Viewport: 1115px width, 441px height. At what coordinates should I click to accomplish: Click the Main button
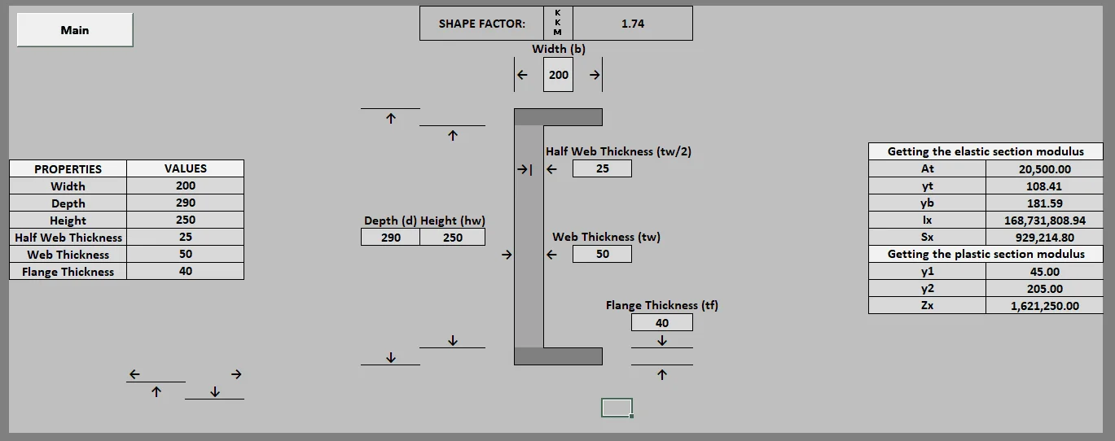click(75, 30)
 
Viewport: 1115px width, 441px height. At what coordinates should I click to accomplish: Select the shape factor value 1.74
click(633, 24)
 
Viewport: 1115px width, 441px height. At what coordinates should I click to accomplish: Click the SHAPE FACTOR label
click(481, 24)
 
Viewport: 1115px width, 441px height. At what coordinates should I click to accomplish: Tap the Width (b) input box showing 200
click(558, 75)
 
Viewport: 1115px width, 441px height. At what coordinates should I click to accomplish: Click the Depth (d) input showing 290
click(390, 237)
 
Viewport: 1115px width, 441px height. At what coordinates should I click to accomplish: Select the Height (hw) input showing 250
click(453, 237)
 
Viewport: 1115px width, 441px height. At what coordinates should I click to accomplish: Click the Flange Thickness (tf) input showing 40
click(661, 323)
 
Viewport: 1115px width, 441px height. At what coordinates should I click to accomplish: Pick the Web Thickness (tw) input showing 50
click(603, 254)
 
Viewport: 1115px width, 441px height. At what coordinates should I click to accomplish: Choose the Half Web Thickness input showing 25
click(603, 168)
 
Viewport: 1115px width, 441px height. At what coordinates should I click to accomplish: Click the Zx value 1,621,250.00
click(1044, 305)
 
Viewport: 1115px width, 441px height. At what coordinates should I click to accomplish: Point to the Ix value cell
click(1044, 220)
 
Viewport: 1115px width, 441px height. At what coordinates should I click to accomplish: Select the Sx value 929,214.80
click(1044, 237)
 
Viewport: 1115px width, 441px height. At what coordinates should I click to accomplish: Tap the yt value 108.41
click(1044, 186)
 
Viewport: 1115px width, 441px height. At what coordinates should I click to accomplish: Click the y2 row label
click(927, 288)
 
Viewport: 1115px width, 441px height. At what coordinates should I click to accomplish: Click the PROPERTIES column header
click(68, 168)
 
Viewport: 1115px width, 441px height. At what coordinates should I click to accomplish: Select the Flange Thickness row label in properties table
click(68, 272)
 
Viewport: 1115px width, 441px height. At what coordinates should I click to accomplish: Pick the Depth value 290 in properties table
click(185, 203)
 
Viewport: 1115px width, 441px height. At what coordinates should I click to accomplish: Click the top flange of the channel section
click(558, 117)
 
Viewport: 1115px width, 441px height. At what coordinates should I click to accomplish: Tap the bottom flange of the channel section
click(558, 356)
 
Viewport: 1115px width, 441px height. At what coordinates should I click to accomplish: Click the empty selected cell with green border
click(617, 408)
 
